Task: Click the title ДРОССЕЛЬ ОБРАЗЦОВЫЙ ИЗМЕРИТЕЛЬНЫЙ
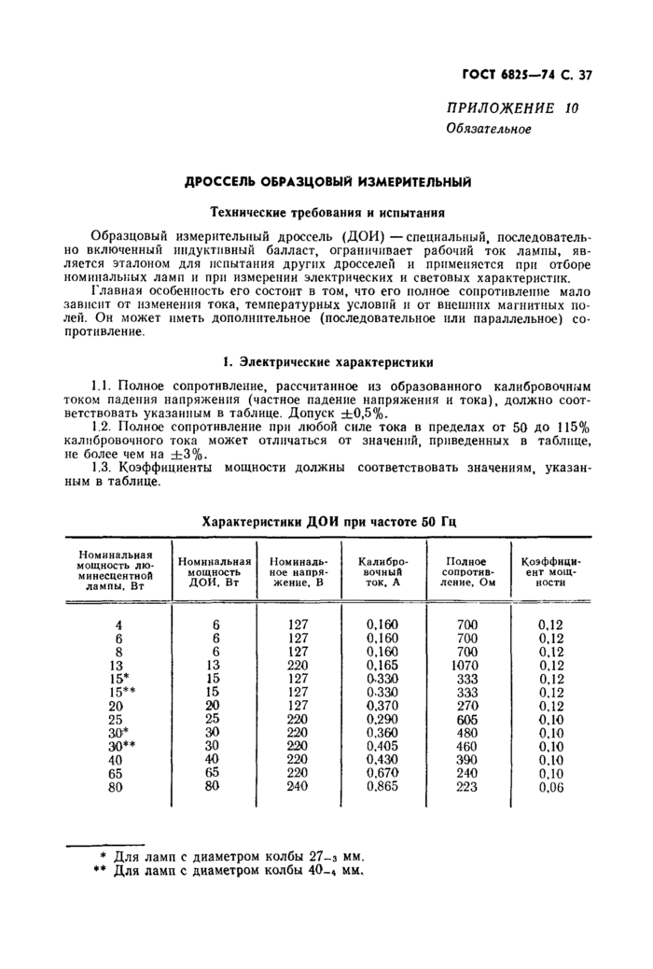(x=326, y=182)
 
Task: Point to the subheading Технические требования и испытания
(x=326, y=211)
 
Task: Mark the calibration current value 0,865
(x=382, y=787)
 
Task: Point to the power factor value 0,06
(x=551, y=787)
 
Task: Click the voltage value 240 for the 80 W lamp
(x=298, y=787)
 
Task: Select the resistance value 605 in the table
(x=466, y=719)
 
